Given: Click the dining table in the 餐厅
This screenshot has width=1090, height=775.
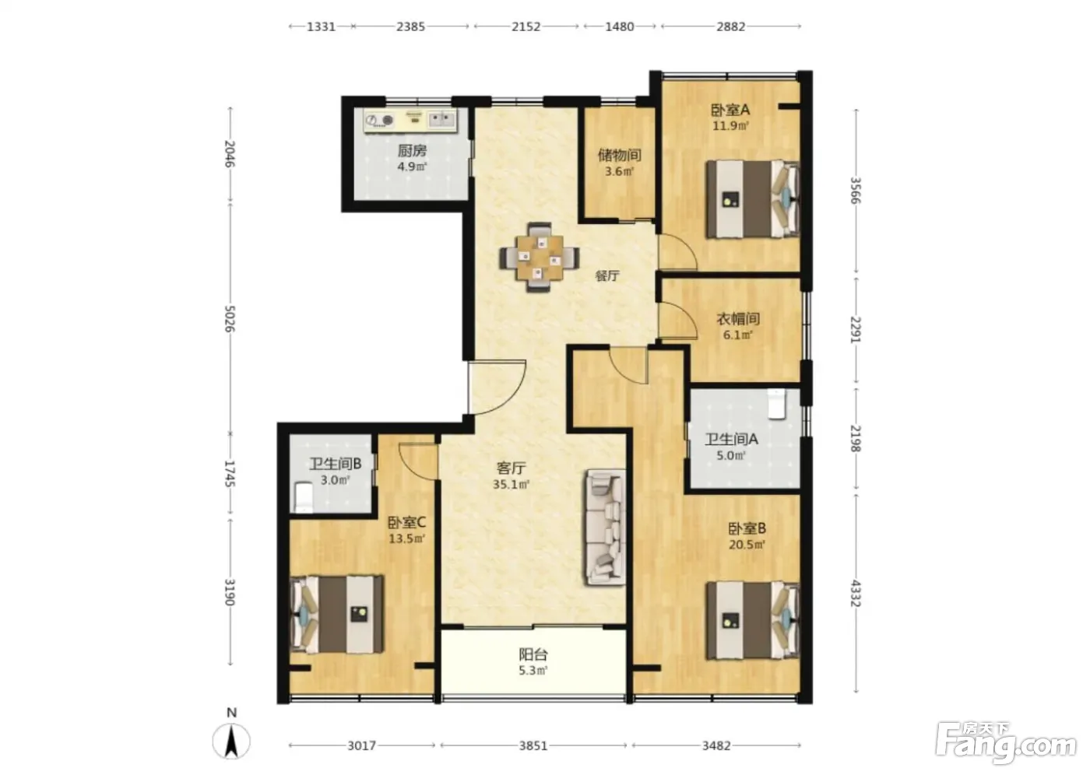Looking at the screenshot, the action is click(x=539, y=258).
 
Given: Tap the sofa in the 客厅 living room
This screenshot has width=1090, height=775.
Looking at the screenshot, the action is click(x=606, y=527).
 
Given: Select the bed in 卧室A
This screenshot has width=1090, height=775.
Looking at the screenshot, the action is click(x=753, y=199).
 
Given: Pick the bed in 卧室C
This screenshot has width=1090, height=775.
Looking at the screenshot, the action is click(x=336, y=615).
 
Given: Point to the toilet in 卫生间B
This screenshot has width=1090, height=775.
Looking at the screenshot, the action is click(x=304, y=496).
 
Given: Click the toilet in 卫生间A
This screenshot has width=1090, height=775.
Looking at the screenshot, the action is click(x=777, y=404).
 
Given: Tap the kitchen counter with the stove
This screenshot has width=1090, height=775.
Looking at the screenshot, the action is click(x=411, y=120).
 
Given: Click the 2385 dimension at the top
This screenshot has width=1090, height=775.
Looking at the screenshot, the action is click(x=410, y=26).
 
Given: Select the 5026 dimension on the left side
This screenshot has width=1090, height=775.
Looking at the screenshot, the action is click(x=230, y=319).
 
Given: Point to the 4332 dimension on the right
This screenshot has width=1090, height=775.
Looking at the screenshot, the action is click(x=856, y=593).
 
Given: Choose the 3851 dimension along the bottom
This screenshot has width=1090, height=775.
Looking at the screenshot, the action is click(x=533, y=745).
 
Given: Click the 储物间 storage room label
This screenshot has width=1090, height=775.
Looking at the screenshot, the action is click(x=619, y=155).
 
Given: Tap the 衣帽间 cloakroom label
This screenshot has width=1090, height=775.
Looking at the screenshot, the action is click(x=738, y=319).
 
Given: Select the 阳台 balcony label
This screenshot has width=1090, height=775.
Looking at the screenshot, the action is click(x=533, y=654).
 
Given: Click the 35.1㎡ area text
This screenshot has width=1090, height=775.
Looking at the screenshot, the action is click(x=511, y=484).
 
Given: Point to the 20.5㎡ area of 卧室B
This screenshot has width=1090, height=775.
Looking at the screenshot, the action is click(x=747, y=545).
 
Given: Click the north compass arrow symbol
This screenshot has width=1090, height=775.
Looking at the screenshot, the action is click(x=232, y=742).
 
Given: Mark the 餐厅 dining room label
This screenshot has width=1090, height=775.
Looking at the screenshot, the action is click(x=607, y=275).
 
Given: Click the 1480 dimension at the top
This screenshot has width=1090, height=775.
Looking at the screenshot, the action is click(x=620, y=26).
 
